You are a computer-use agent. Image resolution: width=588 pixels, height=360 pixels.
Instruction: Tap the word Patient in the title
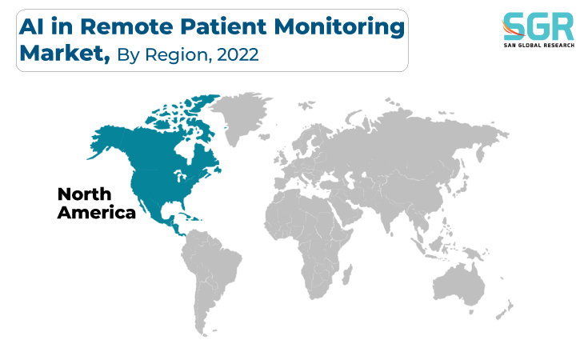(x=223, y=26)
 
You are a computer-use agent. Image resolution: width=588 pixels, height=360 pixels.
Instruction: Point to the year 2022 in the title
(x=238, y=54)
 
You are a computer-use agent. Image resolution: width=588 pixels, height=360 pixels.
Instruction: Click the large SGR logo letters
(x=539, y=26)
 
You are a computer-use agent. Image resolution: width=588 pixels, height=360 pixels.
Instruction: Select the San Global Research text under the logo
(x=539, y=46)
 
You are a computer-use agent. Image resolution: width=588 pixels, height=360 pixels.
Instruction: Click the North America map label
(x=96, y=204)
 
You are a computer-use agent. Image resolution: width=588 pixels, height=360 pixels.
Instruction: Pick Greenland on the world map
(x=240, y=116)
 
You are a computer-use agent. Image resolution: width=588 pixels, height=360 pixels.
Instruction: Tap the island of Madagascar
(x=348, y=274)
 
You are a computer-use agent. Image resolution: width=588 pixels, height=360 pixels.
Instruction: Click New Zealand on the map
(x=505, y=310)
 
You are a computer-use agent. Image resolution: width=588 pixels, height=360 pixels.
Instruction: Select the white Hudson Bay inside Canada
(x=186, y=150)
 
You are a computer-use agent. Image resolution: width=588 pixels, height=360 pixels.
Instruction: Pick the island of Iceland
(x=265, y=137)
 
